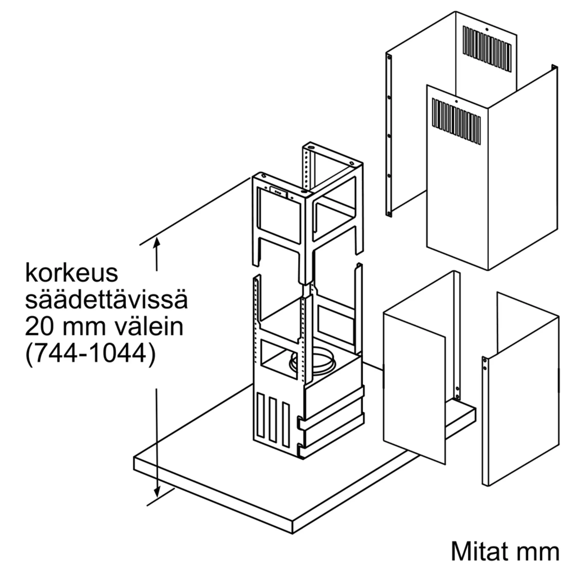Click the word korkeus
(72, 274)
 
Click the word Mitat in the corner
(480, 551)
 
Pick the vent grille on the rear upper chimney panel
(487, 49)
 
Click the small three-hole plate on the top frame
(278, 192)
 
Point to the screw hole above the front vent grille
(456, 101)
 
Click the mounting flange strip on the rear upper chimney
(389, 135)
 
